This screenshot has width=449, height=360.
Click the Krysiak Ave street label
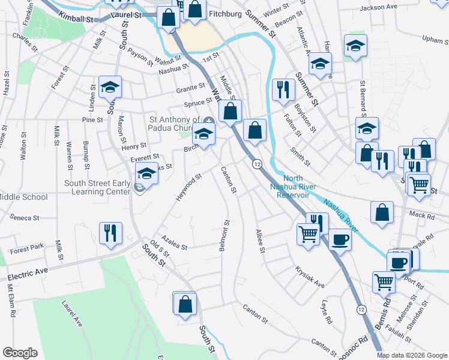click(x=310, y=275)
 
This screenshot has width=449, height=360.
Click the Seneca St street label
click(x=24, y=218)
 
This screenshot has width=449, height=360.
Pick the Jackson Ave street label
click(x=379, y=8)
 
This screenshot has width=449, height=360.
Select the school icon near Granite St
click(x=110, y=88)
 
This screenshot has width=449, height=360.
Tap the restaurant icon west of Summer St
click(x=283, y=90)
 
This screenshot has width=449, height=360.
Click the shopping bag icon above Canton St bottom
click(x=185, y=304)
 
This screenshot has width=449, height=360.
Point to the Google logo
click(x=20, y=353)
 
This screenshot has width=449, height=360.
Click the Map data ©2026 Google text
click(x=411, y=355)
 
